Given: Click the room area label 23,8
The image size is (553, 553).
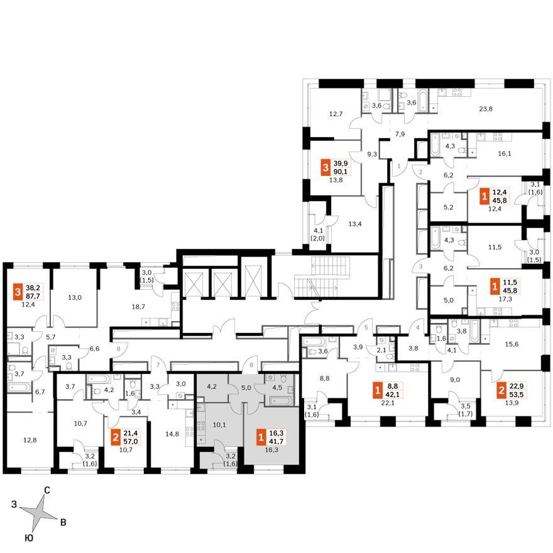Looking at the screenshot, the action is tap(486, 109).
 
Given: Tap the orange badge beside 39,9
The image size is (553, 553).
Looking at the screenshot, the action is tap(326, 168).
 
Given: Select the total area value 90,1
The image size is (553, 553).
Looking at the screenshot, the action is tap(341, 172).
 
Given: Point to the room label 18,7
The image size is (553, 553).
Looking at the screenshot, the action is tap(138, 307).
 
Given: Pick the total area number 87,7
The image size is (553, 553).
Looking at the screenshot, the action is tap(33, 296).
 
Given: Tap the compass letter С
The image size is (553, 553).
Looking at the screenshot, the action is tap(47, 490).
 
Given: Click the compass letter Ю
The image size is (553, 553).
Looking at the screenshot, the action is tap(30, 538).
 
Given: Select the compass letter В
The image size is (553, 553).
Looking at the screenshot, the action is tap(63, 522).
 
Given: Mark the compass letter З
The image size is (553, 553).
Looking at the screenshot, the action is tap(14, 505).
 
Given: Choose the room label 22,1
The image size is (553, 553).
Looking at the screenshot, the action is tap(388, 403).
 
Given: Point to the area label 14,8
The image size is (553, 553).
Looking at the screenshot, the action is tap(172, 434).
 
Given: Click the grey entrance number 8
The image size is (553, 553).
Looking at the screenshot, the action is tap(119, 349).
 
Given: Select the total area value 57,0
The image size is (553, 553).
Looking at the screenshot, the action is tap(131, 442).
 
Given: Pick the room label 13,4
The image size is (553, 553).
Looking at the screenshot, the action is tap(355, 224).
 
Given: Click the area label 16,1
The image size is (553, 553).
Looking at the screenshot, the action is tap(505, 154).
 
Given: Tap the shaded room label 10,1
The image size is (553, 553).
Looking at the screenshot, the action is tap(219, 425).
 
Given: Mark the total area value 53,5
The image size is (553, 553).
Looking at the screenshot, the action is tap(517, 395).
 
